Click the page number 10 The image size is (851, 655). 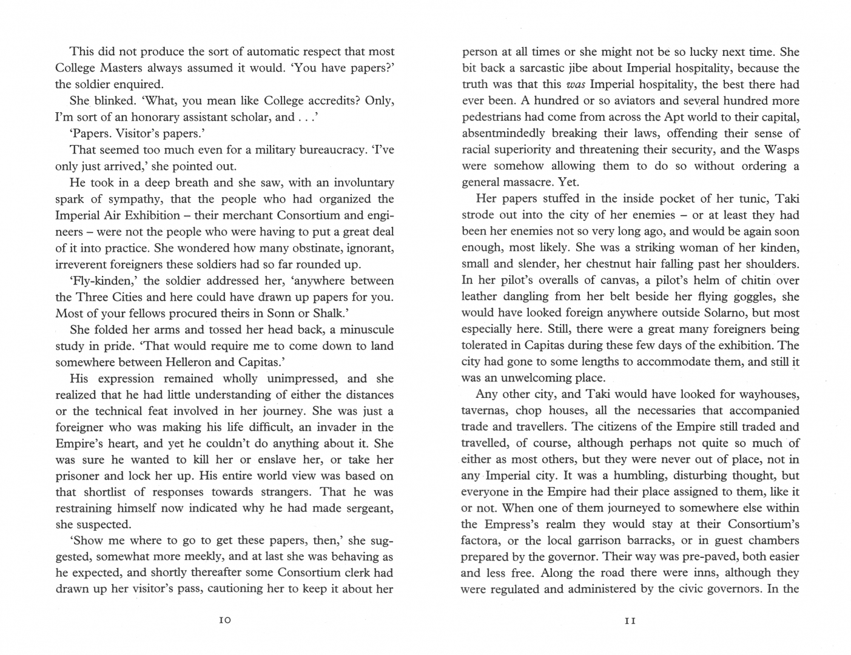point(224,620)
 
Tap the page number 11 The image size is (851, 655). point(630,620)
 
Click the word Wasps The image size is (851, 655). point(780,150)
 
